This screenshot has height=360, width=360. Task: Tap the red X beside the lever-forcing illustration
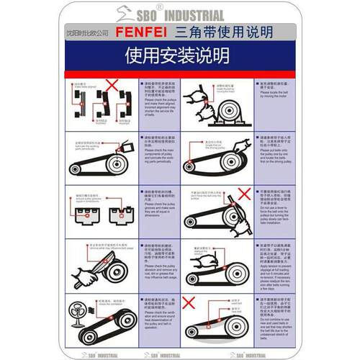pyautogui.click(x=244, y=194)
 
